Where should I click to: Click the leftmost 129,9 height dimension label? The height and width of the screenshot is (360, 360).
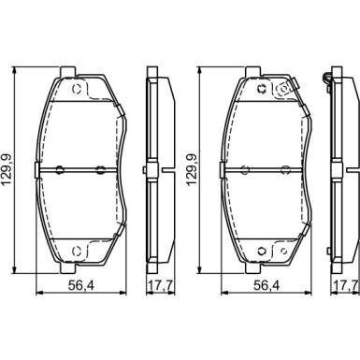click(7, 170)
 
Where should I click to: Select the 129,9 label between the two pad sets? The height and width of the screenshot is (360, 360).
click(192, 170)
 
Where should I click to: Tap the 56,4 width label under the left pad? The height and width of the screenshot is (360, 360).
click(80, 285)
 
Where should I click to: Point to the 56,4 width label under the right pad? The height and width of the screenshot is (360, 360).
click(266, 285)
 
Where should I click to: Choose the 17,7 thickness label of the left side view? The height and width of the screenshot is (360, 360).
click(161, 285)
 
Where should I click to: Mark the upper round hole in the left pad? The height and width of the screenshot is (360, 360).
click(77, 89)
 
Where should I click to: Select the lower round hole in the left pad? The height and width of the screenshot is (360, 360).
click(77, 251)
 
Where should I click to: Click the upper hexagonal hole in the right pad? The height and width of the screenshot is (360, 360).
click(262, 89)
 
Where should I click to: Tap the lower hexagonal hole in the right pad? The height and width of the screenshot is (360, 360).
click(262, 251)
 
